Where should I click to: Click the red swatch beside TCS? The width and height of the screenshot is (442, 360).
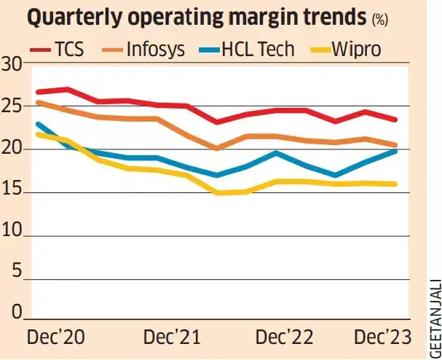click(x=40, y=50)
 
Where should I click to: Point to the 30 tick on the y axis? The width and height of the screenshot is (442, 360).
click(x=12, y=64)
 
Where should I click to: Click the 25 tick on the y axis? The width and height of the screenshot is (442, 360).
click(x=12, y=107)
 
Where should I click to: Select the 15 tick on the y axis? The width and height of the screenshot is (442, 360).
click(x=12, y=193)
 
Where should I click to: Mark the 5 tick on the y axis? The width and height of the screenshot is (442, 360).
click(x=17, y=278)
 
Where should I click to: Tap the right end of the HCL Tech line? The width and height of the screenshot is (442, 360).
click(x=395, y=151)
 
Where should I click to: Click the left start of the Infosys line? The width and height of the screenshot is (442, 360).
click(x=38, y=103)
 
